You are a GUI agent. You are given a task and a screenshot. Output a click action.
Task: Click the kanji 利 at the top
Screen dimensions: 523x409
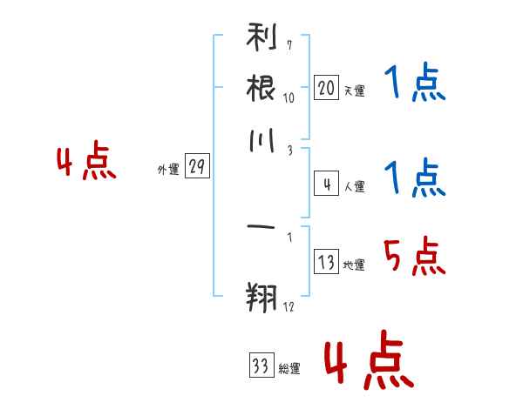point(261,37)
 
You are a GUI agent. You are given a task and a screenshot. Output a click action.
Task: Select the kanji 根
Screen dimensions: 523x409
point(261,88)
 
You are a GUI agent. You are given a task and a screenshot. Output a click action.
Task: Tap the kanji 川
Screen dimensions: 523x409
point(261,141)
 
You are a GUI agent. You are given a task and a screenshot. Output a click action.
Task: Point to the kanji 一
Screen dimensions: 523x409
point(261,227)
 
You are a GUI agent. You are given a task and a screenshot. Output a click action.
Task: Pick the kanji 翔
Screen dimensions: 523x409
point(261,298)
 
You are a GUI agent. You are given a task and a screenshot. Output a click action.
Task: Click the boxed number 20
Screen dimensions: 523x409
point(326,88)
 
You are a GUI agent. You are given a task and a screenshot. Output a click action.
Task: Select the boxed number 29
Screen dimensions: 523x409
point(197,165)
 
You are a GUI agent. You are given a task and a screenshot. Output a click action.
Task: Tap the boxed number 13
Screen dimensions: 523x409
point(326,261)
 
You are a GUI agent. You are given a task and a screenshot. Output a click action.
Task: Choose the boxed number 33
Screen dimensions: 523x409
point(261,365)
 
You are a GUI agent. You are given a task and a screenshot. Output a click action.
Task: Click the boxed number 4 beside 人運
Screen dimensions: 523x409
point(326,184)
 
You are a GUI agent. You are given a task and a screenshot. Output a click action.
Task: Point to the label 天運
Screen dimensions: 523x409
point(355,91)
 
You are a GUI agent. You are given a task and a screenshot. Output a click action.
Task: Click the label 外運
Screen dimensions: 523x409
point(168,169)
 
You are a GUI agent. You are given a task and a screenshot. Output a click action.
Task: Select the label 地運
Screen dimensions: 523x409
point(354,265)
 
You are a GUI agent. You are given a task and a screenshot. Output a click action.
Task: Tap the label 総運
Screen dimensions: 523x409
point(289,368)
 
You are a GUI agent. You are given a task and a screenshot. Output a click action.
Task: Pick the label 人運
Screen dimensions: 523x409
point(355,186)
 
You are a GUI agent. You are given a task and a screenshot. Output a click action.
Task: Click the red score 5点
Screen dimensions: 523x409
point(415,256)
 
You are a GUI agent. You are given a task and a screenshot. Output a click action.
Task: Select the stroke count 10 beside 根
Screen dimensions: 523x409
point(289,97)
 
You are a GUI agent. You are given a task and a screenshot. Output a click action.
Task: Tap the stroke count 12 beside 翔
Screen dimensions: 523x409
point(289,306)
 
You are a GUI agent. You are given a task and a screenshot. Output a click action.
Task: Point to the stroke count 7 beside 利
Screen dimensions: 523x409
point(289,45)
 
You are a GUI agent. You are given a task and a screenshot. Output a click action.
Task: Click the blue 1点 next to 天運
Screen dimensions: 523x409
point(415,82)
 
